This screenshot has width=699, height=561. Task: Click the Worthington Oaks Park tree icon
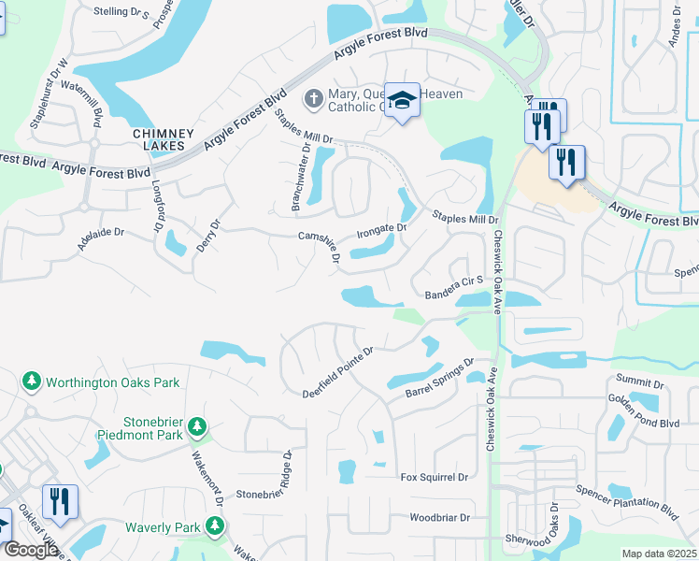(x=32, y=382)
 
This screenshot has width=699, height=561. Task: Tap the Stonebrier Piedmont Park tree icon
(x=196, y=427)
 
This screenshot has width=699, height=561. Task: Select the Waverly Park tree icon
(x=215, y=526)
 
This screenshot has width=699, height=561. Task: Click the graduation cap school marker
(x=402, y=101)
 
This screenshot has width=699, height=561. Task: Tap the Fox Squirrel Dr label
(x=434, y=478)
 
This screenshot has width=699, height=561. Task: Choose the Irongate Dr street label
(x=383, y=229)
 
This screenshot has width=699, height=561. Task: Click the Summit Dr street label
(x=640, y=383)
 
